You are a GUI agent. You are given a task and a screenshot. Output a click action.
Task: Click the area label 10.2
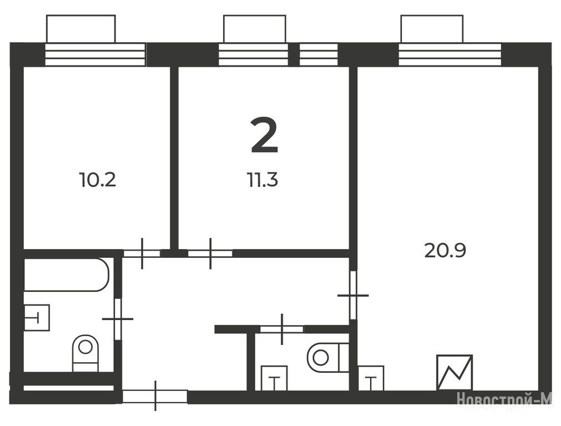[98, 180]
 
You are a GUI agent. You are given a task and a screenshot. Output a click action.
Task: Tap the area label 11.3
[262, 180]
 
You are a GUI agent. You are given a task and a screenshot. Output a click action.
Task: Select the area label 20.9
[445, 250]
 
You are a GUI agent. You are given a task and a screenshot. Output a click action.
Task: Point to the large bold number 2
[264, 136]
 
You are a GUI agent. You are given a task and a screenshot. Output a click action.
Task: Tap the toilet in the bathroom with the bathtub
[85, 353]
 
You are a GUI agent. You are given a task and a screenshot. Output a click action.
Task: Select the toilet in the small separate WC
[327, 357]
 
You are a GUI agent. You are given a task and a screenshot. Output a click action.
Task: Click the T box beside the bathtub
[36, 317]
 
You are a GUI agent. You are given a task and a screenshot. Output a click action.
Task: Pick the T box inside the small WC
[274, 378]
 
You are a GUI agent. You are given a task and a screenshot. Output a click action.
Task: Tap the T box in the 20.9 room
[371, 378]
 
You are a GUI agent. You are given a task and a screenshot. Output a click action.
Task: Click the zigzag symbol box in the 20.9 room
[454, 372]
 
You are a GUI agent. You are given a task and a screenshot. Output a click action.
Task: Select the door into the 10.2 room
[142, 253]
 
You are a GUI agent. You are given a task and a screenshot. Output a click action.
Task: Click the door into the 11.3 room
[210, 253]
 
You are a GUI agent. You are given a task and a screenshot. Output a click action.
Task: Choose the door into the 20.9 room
[353, 295]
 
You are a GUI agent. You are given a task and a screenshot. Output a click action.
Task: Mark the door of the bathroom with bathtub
[118, 319]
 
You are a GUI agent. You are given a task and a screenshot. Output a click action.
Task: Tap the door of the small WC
[282, 329]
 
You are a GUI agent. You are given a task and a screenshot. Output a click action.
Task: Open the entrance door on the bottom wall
[155, 396]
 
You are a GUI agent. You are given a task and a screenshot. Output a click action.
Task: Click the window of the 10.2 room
[95, 54]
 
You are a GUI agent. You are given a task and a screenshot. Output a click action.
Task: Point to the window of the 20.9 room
[450, 54]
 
